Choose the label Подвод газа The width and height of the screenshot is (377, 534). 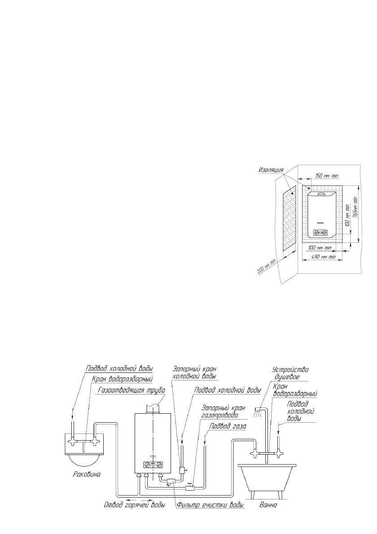(229, 427)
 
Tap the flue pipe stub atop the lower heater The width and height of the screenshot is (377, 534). (153, 407)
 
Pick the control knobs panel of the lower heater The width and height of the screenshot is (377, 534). (153, 465)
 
